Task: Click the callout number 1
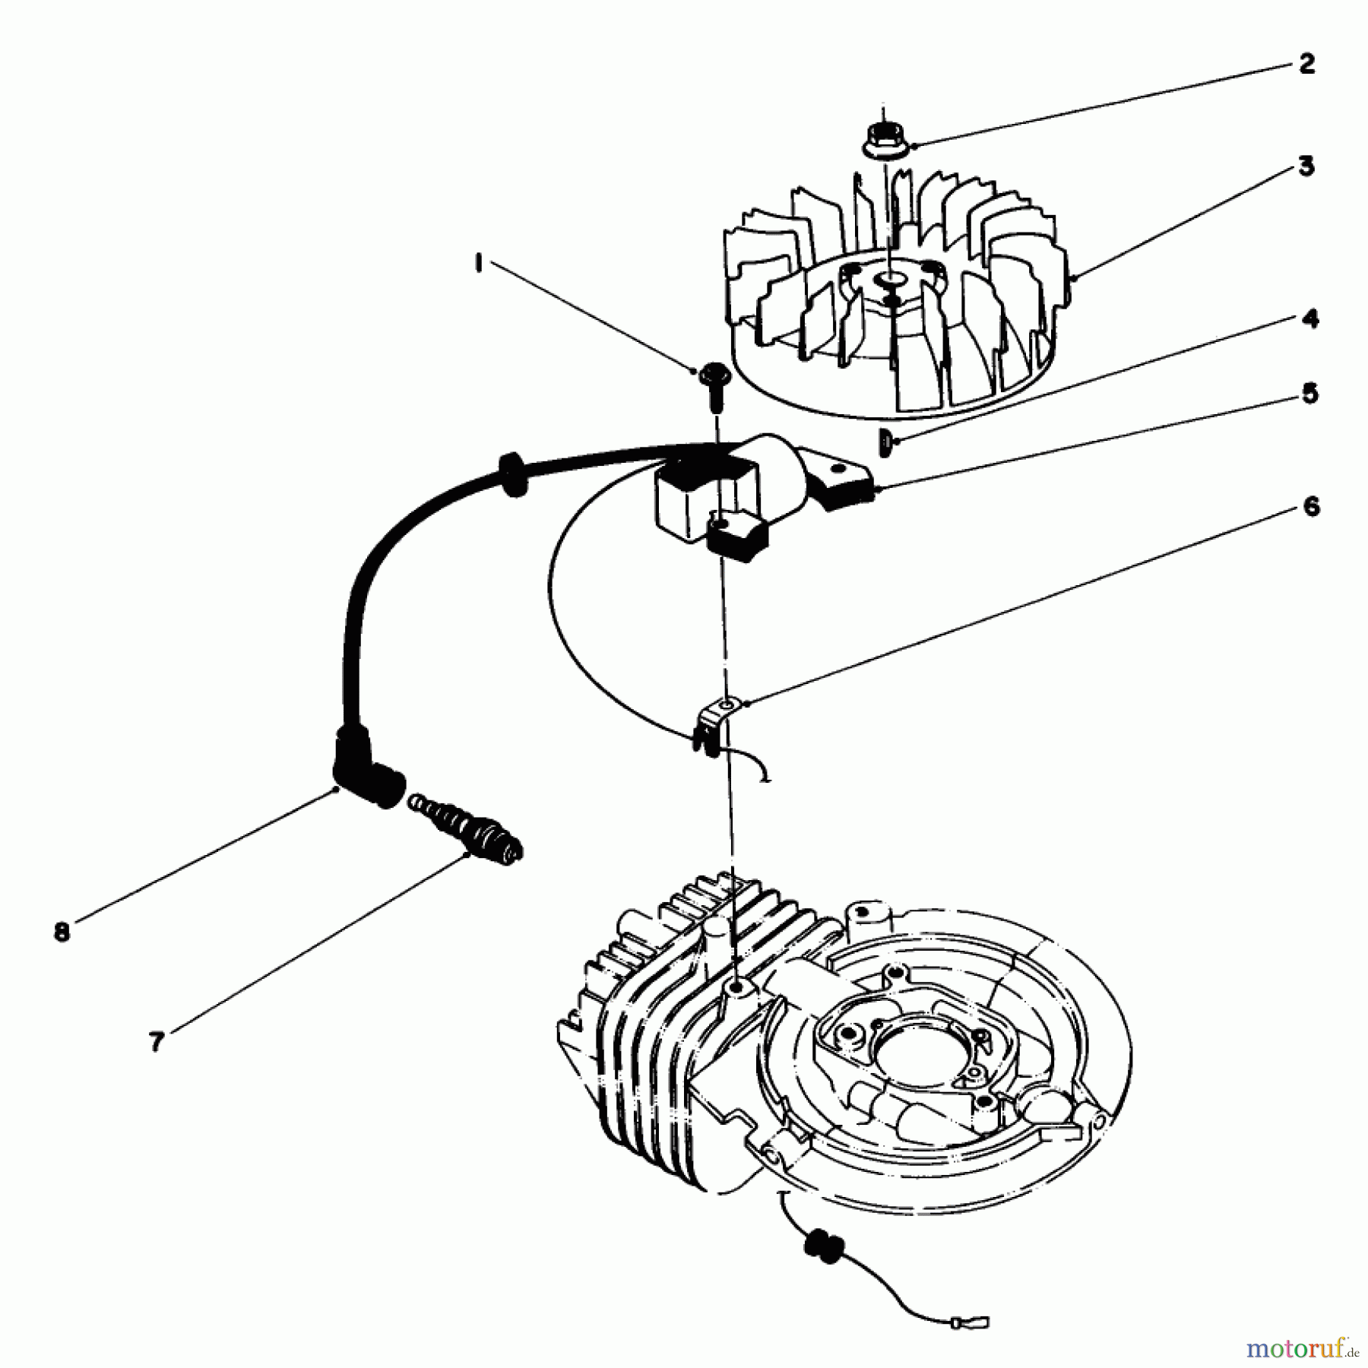pyautogui.click(x=478, y=264)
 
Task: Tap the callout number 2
pyautogui.click(x=1306, y=64)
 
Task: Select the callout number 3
pyautogui.click(x=1306, y=166)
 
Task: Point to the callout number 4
pyautogui.click(x=1310, y=319)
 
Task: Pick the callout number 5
pyautogui.click(x=1310, y=394)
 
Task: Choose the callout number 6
pyautogui.click(x=1312, y=506)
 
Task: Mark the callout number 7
pyautogui.click(x=157, y=1042)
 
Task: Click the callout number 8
pyautogui.click(x=62, y=933)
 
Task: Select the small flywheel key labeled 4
pyautogui.click(x=885, y=442)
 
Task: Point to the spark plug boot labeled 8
pyautogui.click(x=363, y=768)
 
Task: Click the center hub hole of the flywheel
pyautogui.click(x=888, y=282)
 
